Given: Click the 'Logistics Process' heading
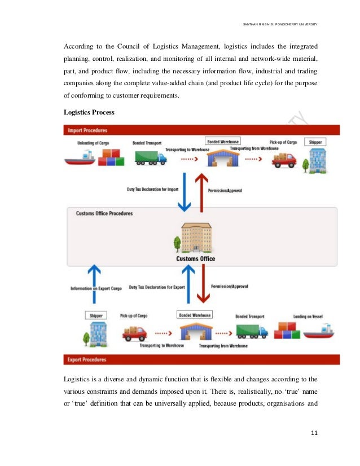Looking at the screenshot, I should pos(89,112).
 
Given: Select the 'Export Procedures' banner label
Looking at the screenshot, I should pos(87,359).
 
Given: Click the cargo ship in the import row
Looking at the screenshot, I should pos(80,159).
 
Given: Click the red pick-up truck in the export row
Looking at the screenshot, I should pos(134,333).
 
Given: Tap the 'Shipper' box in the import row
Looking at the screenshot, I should pos(314,142).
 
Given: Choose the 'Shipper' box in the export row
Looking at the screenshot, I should pos(96,315).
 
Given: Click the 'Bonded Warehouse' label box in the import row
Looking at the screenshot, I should pos(223,141).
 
